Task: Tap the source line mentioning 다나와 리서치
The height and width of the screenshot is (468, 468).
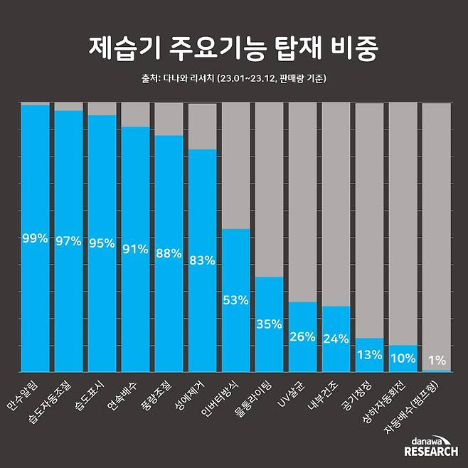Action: pyautogui.click(x=234, y=79)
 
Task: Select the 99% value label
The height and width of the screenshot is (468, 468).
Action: pyautogui.click(x=34, y=238)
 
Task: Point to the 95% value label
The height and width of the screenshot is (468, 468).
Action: pyautogui.click(x=101, y=243)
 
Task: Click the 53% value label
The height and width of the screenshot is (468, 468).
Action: pyautogui.click(x=235, y=300)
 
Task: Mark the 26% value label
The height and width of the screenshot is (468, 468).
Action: pyautogui.click(x=302, y=336)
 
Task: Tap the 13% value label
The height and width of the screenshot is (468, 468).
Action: pyautogui.click(x=370, y=355)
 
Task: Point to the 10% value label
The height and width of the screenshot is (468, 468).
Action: pyautogui.click(x=403, y=358)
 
